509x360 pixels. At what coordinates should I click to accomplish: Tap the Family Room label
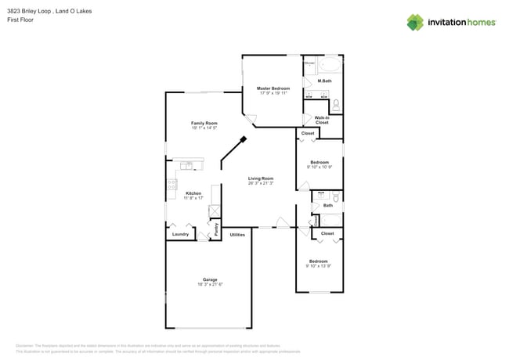click(204, 123)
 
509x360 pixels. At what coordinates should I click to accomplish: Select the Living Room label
click(261, 178)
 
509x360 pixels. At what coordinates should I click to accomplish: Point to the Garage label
click(210, 279)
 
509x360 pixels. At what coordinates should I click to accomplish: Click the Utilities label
click(237, 235)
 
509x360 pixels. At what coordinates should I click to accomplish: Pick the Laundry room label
click(180, 234)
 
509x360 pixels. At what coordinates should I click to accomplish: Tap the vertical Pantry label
click(216, 229)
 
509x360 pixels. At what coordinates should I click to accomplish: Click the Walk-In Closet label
click(322, 121)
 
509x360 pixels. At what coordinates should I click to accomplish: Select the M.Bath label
click(325, 81)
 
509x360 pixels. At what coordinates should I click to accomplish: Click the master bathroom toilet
click(336, 104)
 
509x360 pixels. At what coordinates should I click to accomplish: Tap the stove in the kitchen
click(171, 185)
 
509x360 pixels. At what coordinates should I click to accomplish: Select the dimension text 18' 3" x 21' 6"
click(210, 284)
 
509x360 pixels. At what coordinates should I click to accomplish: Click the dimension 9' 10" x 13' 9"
click(318, 266)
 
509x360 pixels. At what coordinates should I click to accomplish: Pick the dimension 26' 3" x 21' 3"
click(261, 184)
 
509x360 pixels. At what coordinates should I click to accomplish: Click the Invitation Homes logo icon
click(415, 22)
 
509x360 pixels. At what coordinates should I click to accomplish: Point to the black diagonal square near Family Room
click(244, 140)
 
